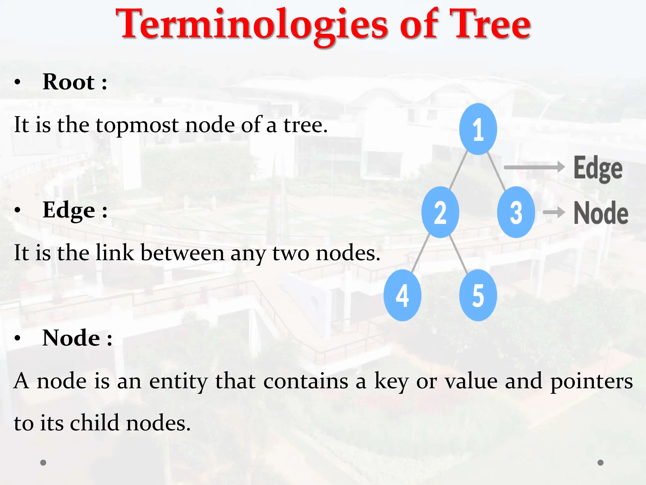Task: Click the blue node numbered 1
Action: click(478, 129)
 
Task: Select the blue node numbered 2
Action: click(440, 212)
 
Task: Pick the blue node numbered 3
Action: click(516, 212)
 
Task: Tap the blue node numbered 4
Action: click(402, 295)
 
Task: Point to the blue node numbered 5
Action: click(478, 295)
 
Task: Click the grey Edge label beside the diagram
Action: click(598, 169)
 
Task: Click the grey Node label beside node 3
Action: click(601, 213)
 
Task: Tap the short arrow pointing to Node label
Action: click(554, 212)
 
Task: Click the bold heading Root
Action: click(68, 82)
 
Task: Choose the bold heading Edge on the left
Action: click(68, 210)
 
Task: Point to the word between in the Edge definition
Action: click(182, 253)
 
